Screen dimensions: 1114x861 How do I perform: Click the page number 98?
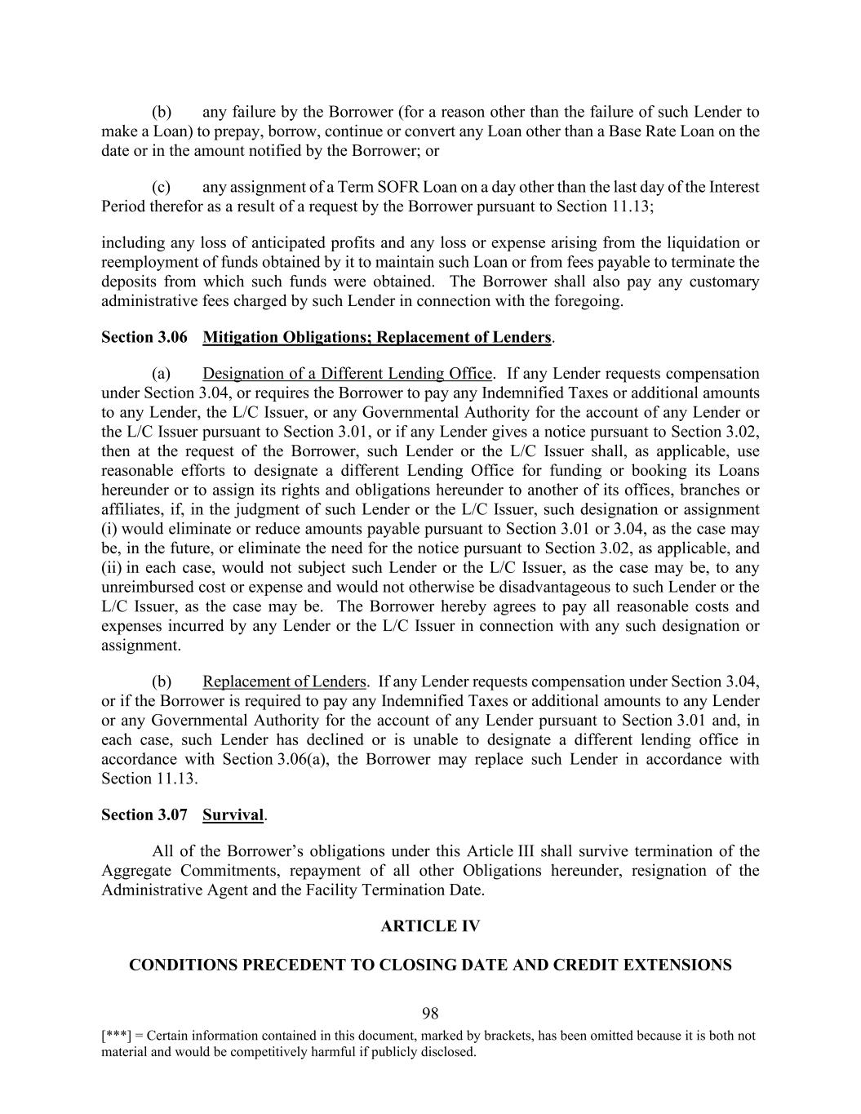click(430, 1014)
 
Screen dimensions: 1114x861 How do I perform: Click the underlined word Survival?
click(233, 814)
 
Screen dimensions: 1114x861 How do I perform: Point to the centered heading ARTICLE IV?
click(430, 925)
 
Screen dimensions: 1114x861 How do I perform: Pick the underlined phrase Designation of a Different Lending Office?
click(347, 374)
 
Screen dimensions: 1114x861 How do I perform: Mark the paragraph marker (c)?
click(162, 187)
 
